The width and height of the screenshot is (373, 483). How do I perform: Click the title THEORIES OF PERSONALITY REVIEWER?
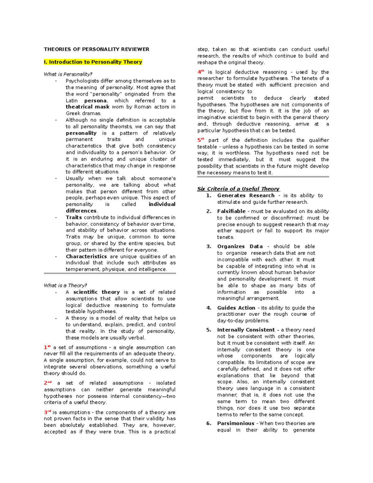coord(96,49)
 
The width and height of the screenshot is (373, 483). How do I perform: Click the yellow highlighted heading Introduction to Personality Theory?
coord(93,62)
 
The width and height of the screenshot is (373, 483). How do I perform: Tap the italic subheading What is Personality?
coord(68,74)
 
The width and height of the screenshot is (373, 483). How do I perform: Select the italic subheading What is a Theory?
coord(65,285)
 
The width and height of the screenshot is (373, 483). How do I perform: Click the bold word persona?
coord(95,100)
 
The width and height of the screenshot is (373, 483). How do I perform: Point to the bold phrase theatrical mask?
coord(87,107)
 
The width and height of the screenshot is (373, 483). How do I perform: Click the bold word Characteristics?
coord(86,256)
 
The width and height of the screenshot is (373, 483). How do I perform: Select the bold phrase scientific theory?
coord(96,292)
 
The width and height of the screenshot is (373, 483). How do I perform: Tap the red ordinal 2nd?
coord(48,383)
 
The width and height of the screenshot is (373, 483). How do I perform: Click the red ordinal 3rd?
coord(47,412)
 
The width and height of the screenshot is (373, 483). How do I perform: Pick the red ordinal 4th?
coord(201,72)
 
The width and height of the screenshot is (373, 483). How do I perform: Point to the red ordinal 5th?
coord(201,140)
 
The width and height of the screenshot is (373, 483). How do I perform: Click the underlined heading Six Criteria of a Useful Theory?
coord(238,189)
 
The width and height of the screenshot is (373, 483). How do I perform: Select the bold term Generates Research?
coord(246,195)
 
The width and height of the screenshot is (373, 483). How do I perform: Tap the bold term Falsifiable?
coord(231,211)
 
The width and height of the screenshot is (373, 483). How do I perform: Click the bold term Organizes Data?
coord(240,246)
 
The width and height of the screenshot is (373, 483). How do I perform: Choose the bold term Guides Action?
coord(236,308)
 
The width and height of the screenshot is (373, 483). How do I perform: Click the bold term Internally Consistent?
coord(246,330)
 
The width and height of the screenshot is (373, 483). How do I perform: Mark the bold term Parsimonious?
coord(236,423)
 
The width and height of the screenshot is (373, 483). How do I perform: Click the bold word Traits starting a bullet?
coord(74,217)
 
